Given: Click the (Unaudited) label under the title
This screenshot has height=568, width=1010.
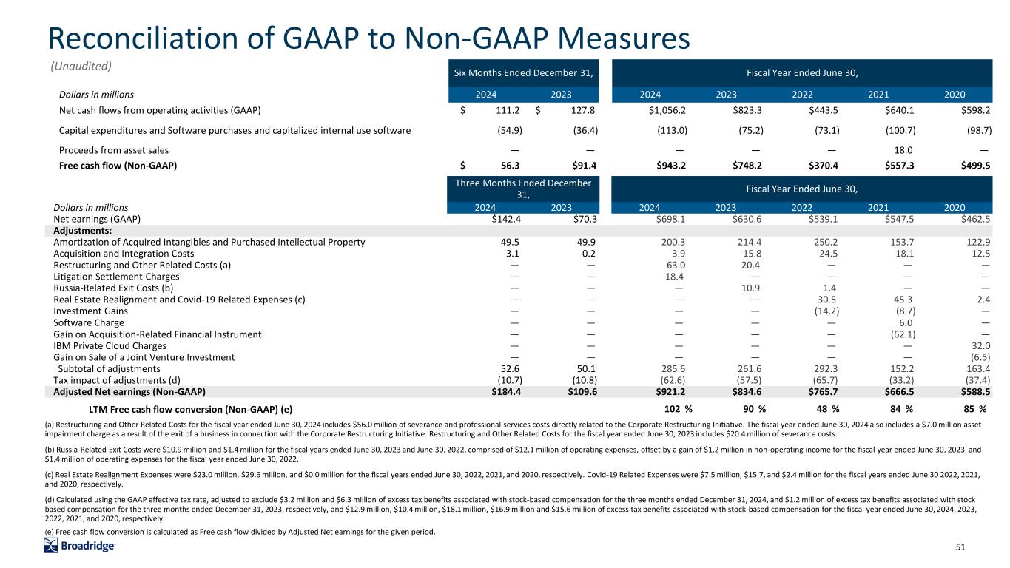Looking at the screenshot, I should [81, 66].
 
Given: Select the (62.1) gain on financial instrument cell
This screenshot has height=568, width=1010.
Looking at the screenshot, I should [896, 334].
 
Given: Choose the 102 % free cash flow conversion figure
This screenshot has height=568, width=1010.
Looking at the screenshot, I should [678, 409].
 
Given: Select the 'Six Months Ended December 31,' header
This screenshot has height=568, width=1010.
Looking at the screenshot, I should [525, 72].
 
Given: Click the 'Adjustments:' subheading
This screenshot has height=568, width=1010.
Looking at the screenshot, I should [82, 230].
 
